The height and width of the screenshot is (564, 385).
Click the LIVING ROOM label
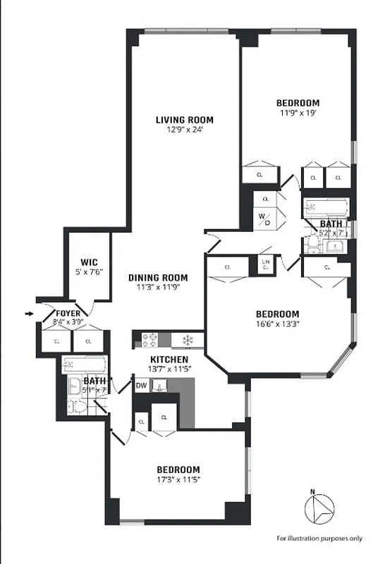tap(184, 119)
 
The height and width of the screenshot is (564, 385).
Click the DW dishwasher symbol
tap(142, 386)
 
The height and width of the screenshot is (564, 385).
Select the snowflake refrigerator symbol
tap(188, 340)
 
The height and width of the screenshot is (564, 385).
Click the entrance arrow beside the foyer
tap(29, 313)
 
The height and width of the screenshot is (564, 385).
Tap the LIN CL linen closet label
tap(266, 265)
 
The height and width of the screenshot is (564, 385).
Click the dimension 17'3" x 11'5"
tap(178, 480)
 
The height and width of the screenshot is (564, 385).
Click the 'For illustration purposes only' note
tap(319, 538)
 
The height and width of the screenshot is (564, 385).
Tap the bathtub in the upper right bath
tap(326, 209)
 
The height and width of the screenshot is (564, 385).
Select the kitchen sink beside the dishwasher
tap(160, 386)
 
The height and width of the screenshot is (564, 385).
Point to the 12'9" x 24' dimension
tap(184, 130)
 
